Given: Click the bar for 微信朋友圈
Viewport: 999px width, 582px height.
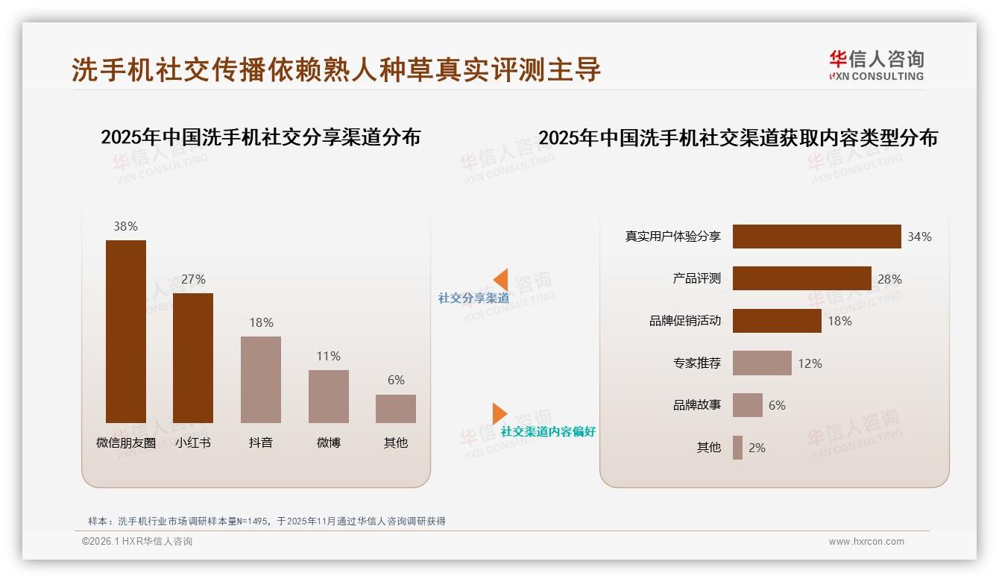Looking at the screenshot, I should point(126,331).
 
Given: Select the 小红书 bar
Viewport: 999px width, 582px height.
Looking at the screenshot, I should point(193,358).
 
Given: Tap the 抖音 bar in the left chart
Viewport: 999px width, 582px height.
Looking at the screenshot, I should point(261,380).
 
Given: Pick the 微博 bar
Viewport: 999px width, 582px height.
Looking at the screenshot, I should point(329,396).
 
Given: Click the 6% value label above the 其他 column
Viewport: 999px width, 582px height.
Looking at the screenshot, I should point(396,380).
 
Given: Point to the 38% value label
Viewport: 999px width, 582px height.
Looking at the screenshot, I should point(126,226).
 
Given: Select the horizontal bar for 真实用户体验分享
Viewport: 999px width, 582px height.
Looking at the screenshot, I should point(816,237).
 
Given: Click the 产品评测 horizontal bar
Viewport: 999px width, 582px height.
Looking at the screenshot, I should point(801,278).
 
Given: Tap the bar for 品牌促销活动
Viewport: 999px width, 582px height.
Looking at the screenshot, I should point(777,321).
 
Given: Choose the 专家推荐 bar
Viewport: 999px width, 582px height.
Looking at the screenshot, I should point(762,363).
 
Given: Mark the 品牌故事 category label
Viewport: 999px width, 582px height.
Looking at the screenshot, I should point(697,405).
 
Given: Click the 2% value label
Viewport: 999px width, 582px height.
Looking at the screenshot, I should point(757,448).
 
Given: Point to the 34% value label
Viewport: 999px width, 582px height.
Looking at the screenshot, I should point(919,237).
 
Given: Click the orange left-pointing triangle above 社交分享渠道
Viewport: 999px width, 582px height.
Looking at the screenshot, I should point(501,279).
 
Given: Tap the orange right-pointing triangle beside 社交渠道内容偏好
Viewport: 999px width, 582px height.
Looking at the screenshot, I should point(499,413).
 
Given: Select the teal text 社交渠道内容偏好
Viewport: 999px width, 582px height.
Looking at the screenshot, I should point(548,432).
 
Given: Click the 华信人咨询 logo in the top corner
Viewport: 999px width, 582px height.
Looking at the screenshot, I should point(876,65).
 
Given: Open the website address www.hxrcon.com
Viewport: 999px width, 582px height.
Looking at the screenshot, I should point(866,542).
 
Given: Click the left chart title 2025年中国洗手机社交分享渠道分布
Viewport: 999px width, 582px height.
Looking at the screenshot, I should point(260,137).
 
